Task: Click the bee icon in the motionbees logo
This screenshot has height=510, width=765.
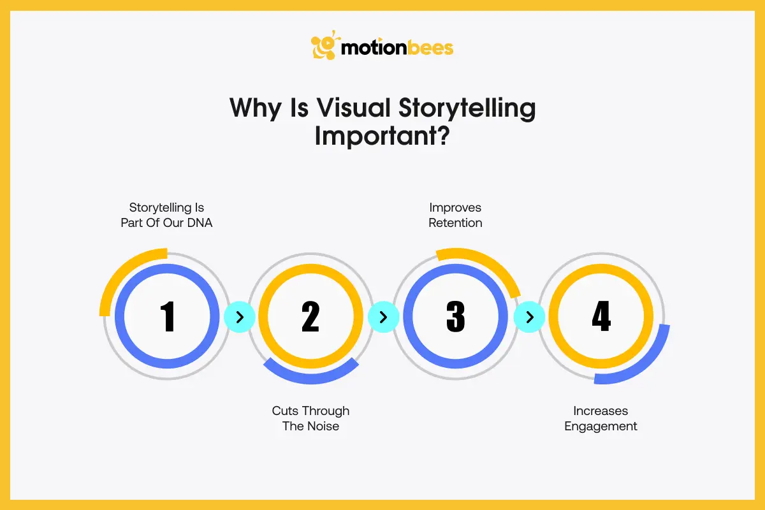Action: tap(324, 45)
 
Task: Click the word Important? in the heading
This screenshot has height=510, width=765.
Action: tap(382, 136)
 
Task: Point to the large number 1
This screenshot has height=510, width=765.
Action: tap(168, 317)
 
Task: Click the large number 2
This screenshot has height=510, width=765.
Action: tap(310, 317)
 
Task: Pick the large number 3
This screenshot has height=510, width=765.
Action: tap(455, 317)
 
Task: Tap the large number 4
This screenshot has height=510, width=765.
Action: tap(601, 317)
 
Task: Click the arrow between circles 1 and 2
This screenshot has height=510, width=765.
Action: tap(239, 317)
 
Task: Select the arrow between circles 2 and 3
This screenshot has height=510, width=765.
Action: tap(383, 317)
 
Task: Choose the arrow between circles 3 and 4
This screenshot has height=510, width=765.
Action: tap(528, 317)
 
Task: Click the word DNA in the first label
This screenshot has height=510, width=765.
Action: tap(199, 222)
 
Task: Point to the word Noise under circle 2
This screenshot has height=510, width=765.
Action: tap(322, 426)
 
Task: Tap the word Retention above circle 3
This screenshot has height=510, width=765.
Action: tap(455, 222)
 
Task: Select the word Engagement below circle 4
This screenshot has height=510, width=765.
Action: tap(601, 426)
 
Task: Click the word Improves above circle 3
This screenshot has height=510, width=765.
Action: tap(455, 207)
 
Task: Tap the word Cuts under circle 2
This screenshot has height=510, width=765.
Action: tap(286, 411)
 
